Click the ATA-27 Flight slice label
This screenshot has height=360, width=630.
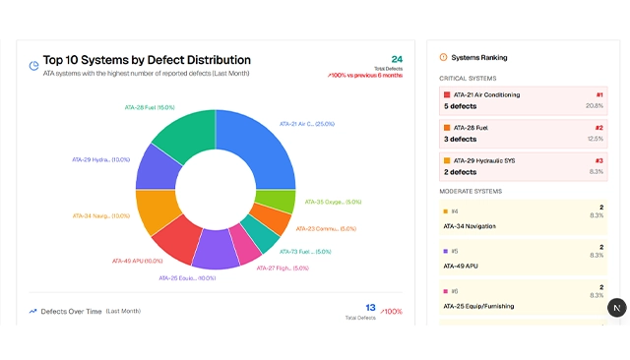[x=283, y=268]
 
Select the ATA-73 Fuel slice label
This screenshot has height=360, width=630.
[x=305, y=252]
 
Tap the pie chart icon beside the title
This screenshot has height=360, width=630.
[x=34, y=66]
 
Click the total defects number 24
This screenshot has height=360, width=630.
[x=397, y=59]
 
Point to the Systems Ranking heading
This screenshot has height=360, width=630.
[x=479, y=57]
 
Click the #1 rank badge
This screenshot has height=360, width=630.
[x=599, y=94]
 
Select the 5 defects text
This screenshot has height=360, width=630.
[x=460, y=106]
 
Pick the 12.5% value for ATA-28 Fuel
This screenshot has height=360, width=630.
[x=595, y=139]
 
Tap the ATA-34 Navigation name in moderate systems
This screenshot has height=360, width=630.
[x=470, y=226]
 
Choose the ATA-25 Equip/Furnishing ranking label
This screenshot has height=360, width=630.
[x=477, y=306]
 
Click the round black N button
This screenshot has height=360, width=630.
[x=616, y=308]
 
